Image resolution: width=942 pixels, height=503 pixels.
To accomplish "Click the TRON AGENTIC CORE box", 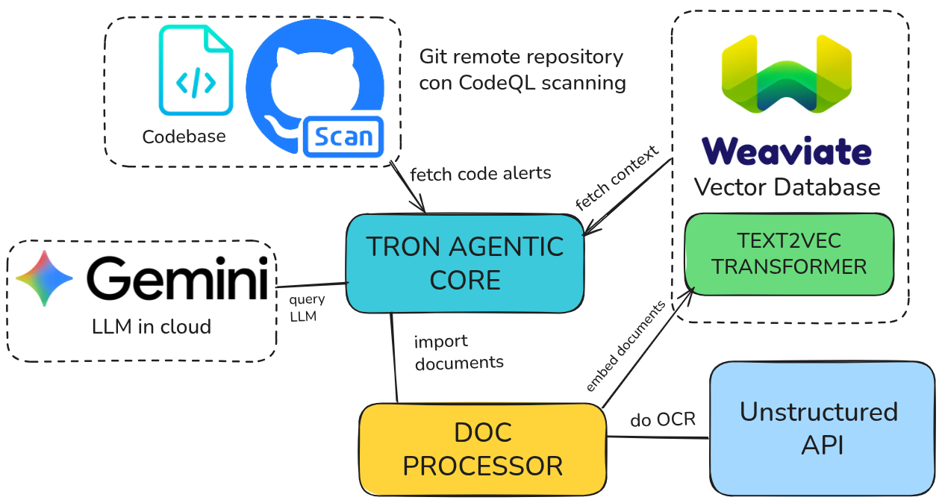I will tap(464, 263).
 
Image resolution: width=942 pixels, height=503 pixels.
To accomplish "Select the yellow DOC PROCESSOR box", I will tap(482, 449).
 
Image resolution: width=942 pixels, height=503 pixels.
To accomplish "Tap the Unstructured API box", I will tap(821, 428).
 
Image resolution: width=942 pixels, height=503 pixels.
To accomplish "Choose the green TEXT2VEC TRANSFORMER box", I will tap(789, 254).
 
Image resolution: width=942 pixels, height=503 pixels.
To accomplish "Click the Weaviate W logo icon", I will tap(786, 75).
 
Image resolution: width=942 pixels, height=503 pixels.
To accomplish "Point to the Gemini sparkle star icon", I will tap(44, 278).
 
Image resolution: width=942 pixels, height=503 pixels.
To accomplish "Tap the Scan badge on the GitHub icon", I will tap(343, 137).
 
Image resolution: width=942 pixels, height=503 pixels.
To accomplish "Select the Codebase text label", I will tap(184, 137).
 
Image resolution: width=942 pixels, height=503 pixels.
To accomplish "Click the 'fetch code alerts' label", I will tap(481, 174).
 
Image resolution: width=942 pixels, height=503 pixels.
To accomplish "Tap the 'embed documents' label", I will tap(626, 346).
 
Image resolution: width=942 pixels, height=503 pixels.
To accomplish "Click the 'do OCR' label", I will tap(663, 419).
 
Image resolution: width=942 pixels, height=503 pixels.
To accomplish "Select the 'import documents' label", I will tap(458, 352).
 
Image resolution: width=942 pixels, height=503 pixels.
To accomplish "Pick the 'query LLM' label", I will tap(307, 307).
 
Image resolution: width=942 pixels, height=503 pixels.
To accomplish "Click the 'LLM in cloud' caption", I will tap(151, 326).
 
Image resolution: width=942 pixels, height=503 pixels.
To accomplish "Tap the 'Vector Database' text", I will tap(787, 187).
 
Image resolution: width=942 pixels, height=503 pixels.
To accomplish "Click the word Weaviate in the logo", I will tap(786, 151).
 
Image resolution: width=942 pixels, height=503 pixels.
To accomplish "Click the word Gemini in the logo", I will tap(177, 279).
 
